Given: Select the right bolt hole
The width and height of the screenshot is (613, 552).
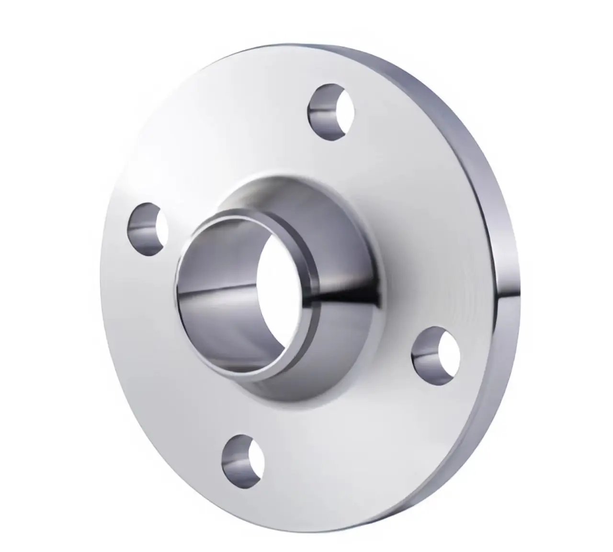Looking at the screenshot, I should [436, 350].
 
